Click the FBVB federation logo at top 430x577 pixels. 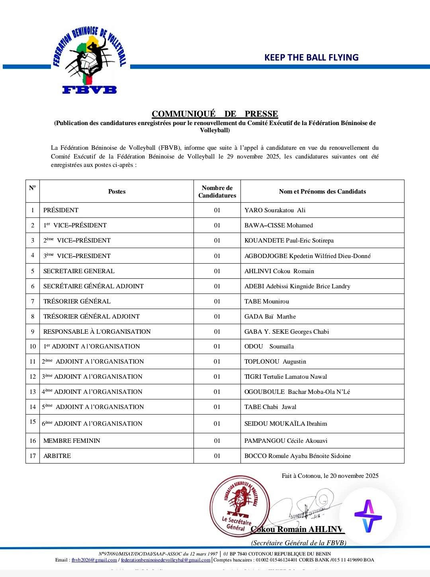click(90, 61)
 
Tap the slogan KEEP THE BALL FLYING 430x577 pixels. click(311, 57)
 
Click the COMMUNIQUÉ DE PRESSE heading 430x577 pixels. click(215, 114)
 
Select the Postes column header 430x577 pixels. click(117, 192)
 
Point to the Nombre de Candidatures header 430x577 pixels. click(217, 192)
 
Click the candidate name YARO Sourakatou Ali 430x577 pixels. click(275, 210)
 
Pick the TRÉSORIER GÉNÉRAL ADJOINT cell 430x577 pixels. click(92, 317)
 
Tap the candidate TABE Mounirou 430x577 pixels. click(267, 301)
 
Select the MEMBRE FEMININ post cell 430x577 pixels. click(72, 441)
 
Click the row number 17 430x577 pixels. click(33, 456)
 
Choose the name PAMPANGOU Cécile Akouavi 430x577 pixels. click(286, 441)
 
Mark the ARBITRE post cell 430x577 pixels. click(57, 456)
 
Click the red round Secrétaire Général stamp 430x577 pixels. click(239, 506)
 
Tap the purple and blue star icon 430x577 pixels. click(368, 516)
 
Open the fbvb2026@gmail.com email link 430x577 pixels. click(94, 560)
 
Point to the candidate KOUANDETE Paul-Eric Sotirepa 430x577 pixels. click(289, 241)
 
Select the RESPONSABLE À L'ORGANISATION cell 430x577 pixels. click(97, 332)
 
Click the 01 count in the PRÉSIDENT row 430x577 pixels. click(217, 210)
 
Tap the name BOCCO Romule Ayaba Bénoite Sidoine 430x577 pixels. click(297, 456)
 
